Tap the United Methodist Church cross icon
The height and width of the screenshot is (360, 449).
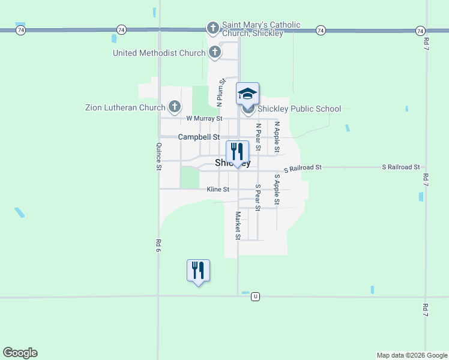(x=214, y=53)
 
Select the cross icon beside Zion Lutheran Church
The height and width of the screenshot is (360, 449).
(x=175, y=107)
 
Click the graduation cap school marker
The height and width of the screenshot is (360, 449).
(x=247, y=94)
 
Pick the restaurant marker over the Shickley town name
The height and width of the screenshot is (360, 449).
(x=237, y=151)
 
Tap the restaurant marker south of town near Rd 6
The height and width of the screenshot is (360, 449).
(x=198, y=270)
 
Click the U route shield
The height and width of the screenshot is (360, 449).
(x=256, y=296)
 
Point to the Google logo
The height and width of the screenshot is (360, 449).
(x=20, y=353)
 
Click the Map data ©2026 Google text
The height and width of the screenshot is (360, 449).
(x=412, y=355)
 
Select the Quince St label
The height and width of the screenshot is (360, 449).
(x=159, y=157)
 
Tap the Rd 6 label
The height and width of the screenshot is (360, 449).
(x=159, y=245)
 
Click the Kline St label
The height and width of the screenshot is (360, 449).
(x=218, y=190)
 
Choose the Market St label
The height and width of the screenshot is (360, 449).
(x=238, y=226)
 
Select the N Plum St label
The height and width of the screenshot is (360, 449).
(x=220, y=92)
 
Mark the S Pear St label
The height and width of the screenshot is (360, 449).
(x=258, y=197)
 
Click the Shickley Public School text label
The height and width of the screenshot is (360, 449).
(x=299, y=109)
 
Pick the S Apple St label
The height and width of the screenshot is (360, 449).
(x=277, y=189)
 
